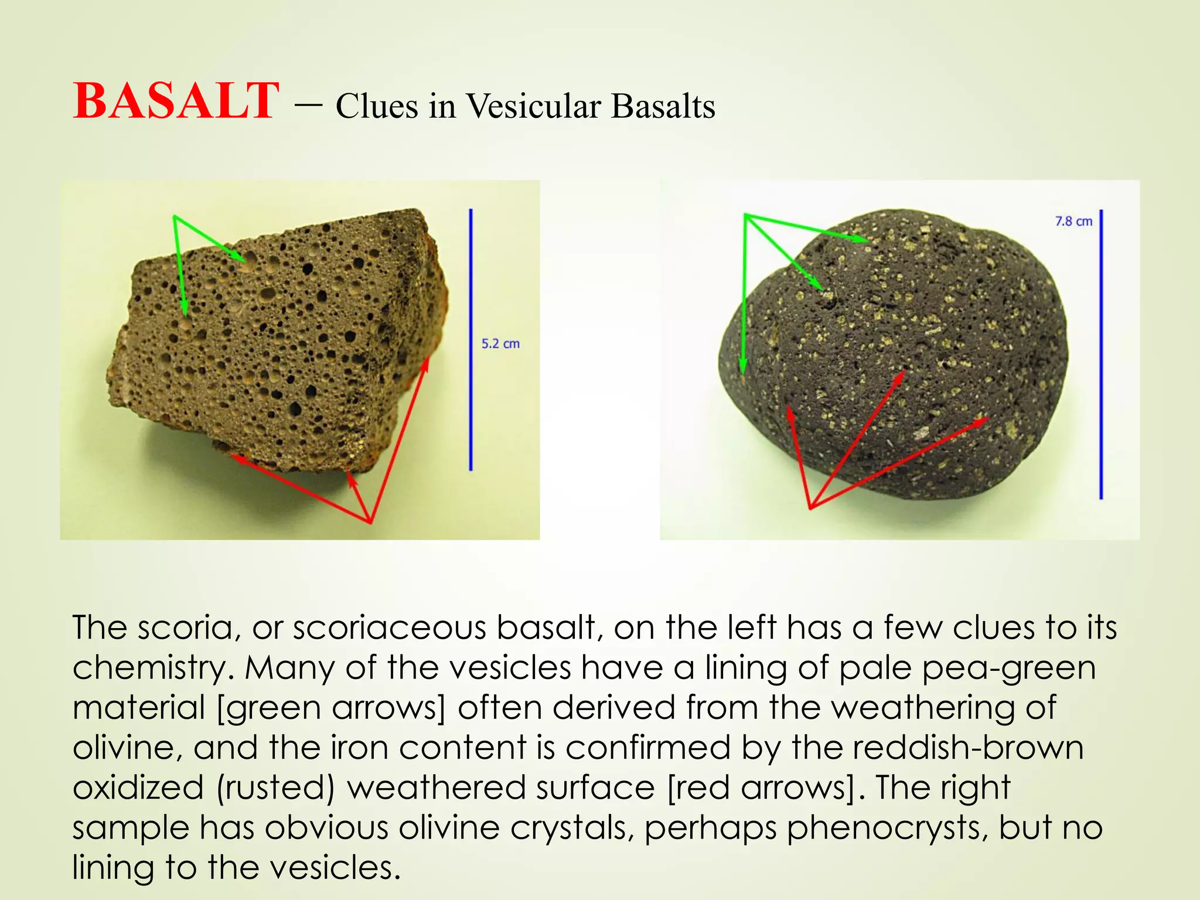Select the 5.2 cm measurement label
tap(500, 344)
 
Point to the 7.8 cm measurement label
tap(1073, 221)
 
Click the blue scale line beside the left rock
tap(471, 340)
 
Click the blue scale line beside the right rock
tap(1101, 354)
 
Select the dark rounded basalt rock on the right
tap(896, 357)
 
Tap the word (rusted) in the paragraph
tap(275, 788)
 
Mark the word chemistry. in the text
tap(152, 668)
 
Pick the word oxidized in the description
tap(138, 788)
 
